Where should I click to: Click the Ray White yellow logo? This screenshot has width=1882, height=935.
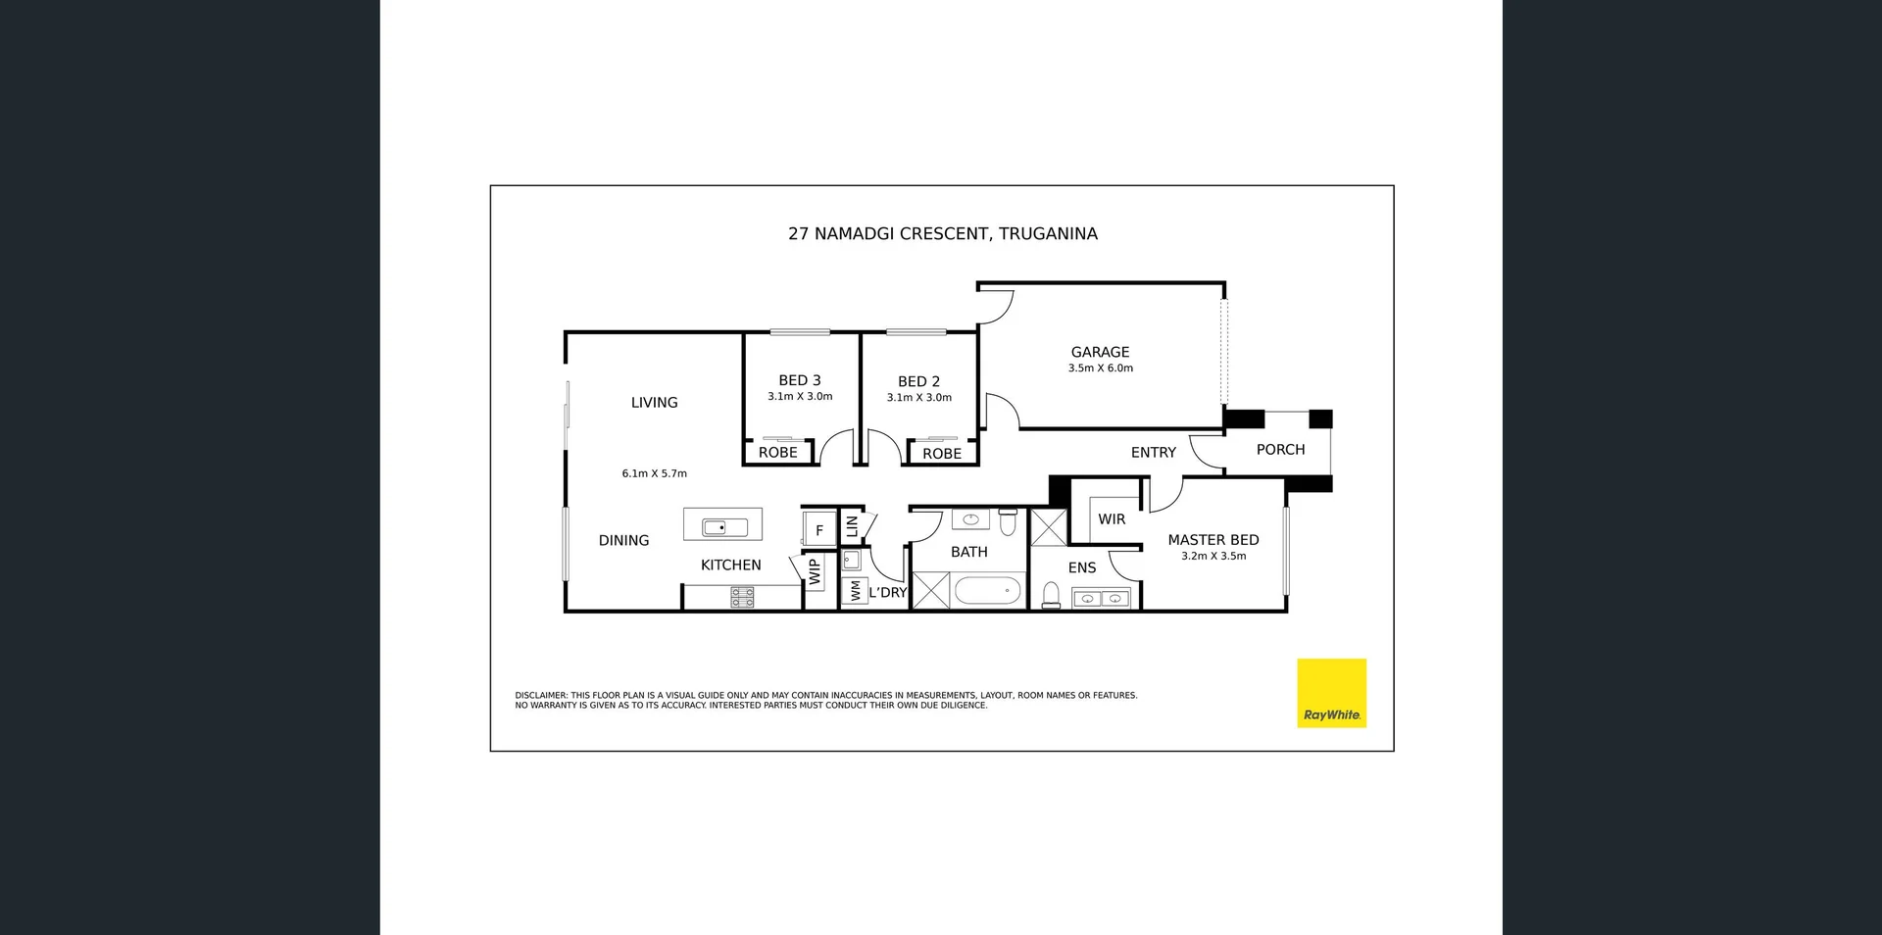point(1331,692)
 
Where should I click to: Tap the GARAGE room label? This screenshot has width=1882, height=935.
point(1100,352)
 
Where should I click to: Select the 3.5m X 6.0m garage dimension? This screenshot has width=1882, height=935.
point(1100,369)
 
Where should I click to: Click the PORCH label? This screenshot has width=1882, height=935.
point(1280,450)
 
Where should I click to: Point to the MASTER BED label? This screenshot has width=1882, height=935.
point(1213,540)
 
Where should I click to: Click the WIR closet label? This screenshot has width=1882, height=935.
point(1112,519)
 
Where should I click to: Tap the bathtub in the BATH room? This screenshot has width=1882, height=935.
point(987,591)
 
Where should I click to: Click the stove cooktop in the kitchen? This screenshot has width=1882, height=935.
point(742,597)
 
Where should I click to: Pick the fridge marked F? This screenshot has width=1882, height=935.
point(819,530)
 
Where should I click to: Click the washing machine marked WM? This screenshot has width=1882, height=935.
point(855,591)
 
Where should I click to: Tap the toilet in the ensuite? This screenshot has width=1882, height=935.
point(1051,595)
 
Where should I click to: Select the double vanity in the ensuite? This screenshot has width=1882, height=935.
point(1101,598)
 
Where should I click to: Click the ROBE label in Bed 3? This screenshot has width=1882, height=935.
point(777,453)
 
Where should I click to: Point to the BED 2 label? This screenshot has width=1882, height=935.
point(918,381)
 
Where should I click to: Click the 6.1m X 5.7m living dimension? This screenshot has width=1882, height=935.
point(654,473)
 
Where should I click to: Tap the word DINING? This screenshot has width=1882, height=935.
point(623,541)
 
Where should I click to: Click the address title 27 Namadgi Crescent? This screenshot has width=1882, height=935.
point(942,233)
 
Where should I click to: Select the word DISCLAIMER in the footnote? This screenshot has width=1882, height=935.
point(541,696)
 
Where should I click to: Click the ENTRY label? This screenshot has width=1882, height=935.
point(1153,453)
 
